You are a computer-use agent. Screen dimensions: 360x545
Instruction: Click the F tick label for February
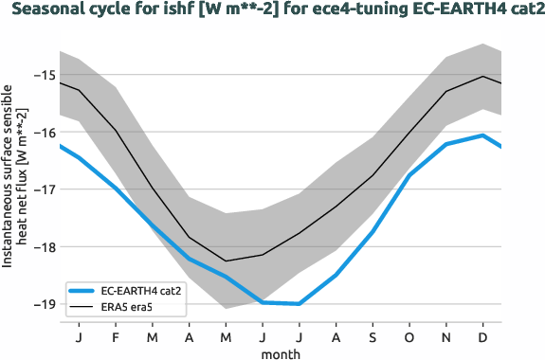click(115, 337)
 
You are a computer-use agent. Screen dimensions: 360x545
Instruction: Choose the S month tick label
click(372, 337)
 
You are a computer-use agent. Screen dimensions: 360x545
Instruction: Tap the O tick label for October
click(409, 337)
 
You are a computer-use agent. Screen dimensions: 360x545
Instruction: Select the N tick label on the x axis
click(446, 337)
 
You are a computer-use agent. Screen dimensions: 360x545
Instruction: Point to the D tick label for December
click(483, 337)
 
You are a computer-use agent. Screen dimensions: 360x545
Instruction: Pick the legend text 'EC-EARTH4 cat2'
click(141, 291)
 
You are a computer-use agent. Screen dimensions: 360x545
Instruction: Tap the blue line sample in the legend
click(82, 291)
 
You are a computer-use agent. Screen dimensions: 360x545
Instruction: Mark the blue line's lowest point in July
click(299, 304)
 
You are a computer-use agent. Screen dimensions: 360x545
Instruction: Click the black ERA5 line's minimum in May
click(226, 261)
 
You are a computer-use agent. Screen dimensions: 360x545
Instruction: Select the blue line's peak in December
click(483, 135)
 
